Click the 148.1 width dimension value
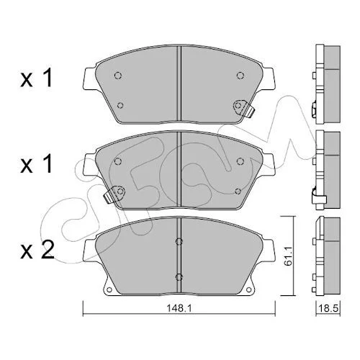(x=179, y=309)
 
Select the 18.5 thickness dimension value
(x=328, y=308)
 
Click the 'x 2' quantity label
(x=37, y=251)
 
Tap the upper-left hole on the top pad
(x=117, y=76)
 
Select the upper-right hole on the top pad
(x=240, y=76)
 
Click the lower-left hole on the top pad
(x=120, y=105)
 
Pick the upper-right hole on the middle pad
(x=240, y=161)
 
